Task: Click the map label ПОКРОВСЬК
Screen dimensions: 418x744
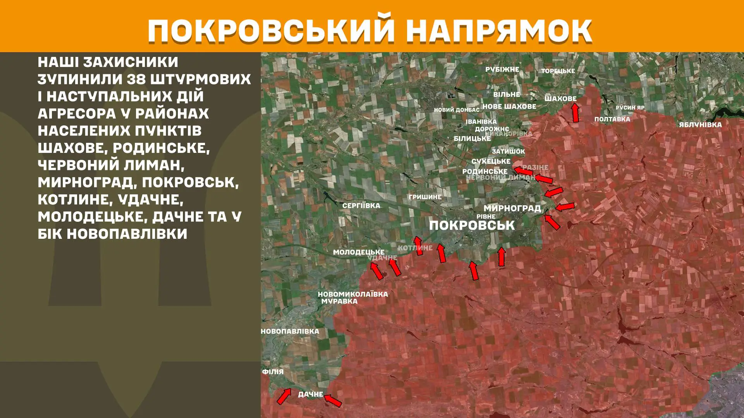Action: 472,225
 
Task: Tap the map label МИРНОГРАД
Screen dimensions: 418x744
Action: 512,208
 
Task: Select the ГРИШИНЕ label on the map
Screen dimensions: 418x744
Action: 425,197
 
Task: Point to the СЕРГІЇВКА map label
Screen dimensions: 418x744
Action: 361,206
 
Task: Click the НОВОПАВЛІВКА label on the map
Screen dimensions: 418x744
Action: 290,331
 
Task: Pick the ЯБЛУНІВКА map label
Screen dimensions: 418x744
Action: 700,125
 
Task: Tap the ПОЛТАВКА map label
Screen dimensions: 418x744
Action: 612,119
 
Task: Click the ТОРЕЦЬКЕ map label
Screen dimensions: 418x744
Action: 558,71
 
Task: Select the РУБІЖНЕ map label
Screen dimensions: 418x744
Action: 502,69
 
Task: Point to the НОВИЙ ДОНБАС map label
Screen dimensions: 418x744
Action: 456,110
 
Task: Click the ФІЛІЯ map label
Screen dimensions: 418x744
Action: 273,372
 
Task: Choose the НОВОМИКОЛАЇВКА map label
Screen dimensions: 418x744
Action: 353,294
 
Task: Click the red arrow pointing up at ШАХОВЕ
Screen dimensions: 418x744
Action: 575,112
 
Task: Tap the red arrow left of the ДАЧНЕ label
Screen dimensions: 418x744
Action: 284,396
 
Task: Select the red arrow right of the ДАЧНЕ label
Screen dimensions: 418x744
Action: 333,400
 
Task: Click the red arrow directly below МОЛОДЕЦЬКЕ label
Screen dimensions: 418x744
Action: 376,271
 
